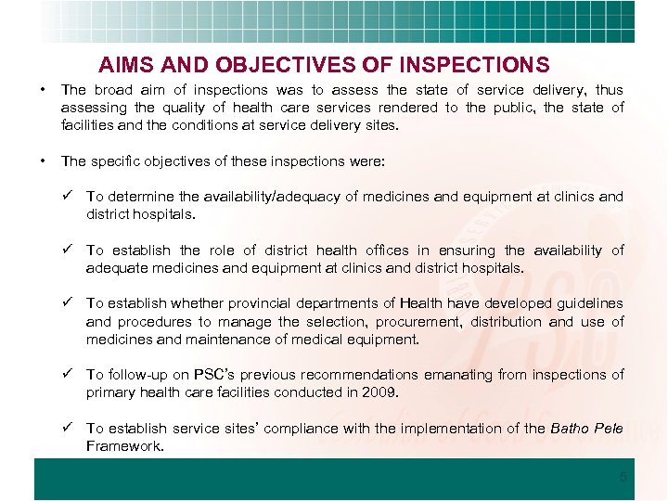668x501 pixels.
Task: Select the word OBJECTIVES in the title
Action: click(x=272, y=66)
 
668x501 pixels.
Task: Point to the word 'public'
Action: click(x=512, y=108)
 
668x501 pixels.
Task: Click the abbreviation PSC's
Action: click(x=218, y=375)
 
